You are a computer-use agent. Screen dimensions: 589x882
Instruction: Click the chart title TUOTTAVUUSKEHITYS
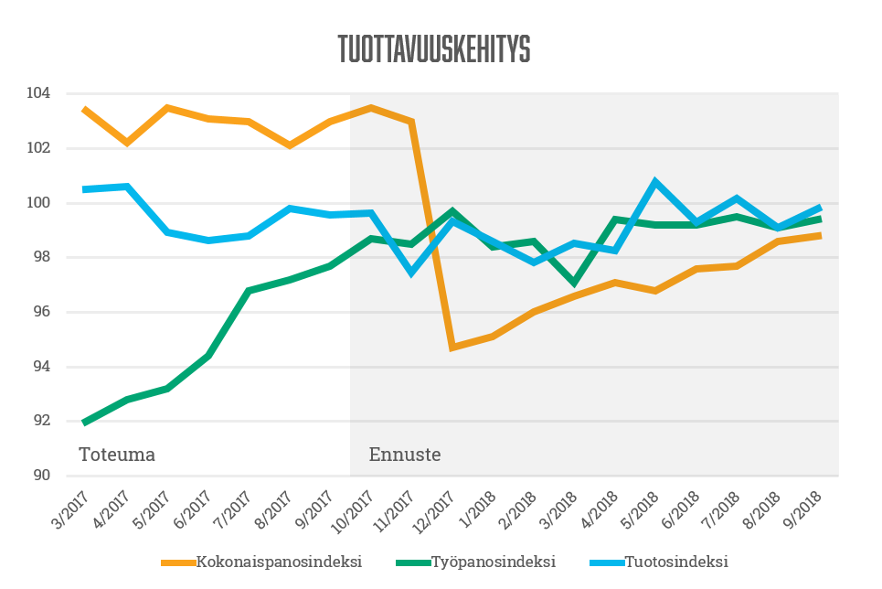click(434, 49)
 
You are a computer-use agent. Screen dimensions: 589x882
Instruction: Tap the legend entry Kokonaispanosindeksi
click(279, 562)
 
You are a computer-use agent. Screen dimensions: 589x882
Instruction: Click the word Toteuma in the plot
click(117, 455)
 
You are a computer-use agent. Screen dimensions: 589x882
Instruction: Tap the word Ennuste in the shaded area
click(405, 455)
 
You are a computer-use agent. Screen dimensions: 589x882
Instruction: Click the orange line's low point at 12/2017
click(452, 348)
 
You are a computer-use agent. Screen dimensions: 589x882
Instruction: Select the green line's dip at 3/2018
click(574, 283)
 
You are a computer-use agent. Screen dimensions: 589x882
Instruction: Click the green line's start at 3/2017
click(85, 423)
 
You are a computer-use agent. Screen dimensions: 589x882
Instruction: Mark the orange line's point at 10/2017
click(370, 108)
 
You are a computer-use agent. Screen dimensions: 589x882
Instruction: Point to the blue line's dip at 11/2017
click(411, 272)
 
